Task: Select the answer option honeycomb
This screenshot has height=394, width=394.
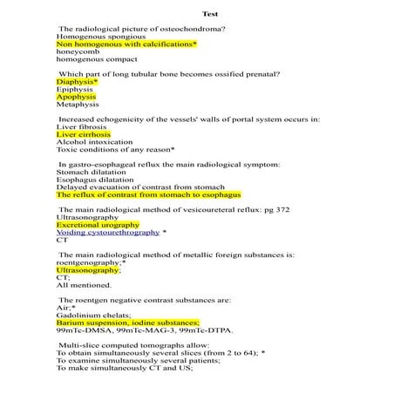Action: pyautogui.click(x=78, y=51)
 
